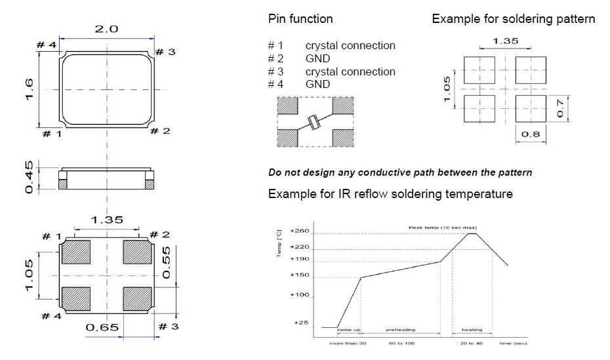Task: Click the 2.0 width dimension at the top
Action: point(106,30)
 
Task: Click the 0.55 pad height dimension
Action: point(166,262)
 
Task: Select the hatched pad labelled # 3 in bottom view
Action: point(137,298)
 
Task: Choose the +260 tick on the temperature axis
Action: point(299,233)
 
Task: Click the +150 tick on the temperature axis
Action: point(299,275)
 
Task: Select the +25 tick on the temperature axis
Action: point(301,322)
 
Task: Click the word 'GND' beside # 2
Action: point(317,58)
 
